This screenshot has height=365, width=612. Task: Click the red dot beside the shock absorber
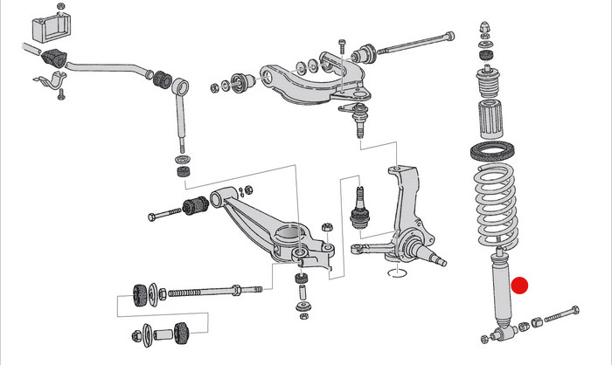(x=520, y=286)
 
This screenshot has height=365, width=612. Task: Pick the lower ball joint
(x=359, y=210)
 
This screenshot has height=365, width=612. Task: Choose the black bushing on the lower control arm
(x=194, y=207)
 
